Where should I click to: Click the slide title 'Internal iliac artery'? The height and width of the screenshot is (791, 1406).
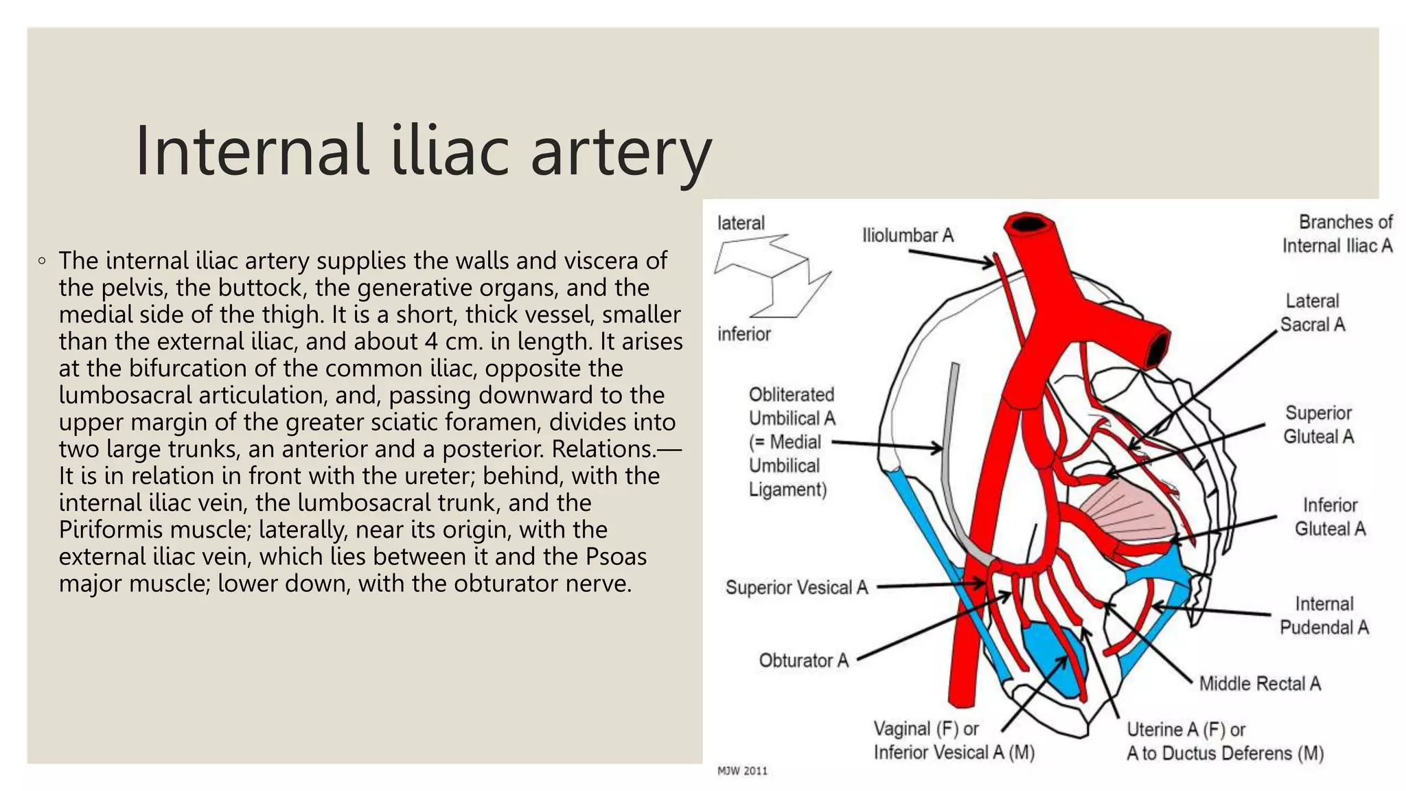pyautogui.click(x=423, y=151)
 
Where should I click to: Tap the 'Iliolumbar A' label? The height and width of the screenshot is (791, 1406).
pyautogui.click(x=908, y=236)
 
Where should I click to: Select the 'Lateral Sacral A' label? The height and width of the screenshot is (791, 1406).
pyautogui.click(x=1312, y=313)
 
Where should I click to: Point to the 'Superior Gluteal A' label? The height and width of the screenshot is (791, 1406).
pyautogui.click(x=1318, y=424)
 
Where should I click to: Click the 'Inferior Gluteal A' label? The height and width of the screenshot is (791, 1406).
pyautogui.click(x=1330, y=517)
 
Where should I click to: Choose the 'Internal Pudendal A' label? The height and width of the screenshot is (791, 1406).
pyautogui.click(x=1324, y=615)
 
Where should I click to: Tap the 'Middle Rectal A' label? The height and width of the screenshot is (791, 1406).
pyautogui.click(x=1260, y=683)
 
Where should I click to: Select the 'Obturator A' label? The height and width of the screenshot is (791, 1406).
pyautogui.click(x=803, y=661)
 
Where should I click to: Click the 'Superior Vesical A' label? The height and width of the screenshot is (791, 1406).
pyautogui.click(x=796, y=588)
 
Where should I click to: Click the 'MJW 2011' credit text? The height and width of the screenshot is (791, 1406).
pyautogui.click(x=742, y=771)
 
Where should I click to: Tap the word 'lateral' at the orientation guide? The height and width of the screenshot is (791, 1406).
pyautogui.click(x=741, y=223)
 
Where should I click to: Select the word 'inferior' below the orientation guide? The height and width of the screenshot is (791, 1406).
pyautogui.click(x=744, y=334)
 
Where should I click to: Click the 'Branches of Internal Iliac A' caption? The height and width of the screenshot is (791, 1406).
pyautogui.click(x=1337, y=234)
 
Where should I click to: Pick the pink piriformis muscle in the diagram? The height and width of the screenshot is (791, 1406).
pyautogui.click(x=1123, y=515)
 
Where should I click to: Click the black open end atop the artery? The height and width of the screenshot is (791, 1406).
pyautogui.click(x=1028, y=224)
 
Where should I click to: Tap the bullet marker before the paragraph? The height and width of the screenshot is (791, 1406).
pyautogui.click(x=43, y=261)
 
